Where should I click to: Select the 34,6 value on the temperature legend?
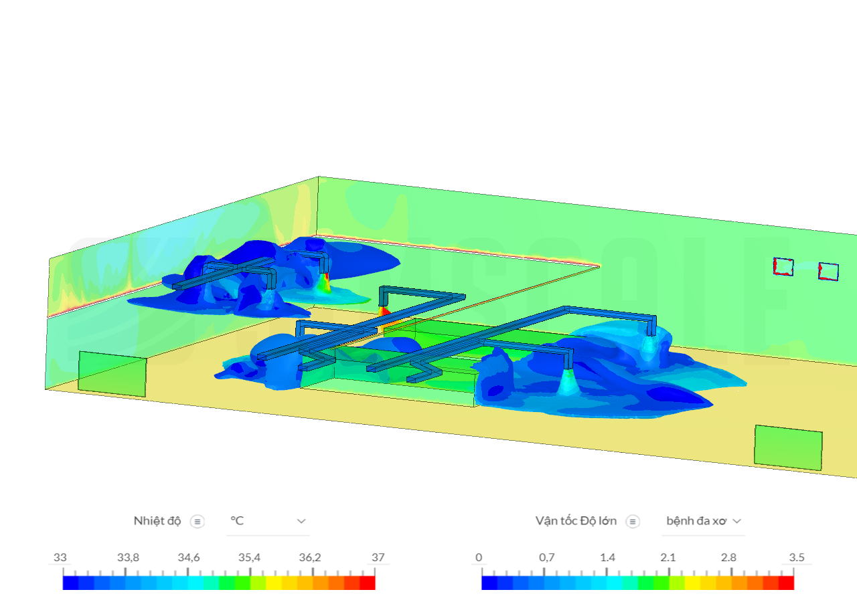188,558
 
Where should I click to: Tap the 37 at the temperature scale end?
378,558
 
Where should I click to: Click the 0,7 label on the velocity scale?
546,558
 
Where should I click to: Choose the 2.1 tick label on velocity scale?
668,558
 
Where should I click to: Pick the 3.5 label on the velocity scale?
797,558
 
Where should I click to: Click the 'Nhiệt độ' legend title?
157,521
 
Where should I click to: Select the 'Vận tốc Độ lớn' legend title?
576,521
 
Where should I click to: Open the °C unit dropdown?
268,521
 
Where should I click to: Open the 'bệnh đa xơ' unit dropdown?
703,521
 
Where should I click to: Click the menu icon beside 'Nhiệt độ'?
198,522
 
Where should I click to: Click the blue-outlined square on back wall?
829,271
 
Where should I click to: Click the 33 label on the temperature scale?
60,558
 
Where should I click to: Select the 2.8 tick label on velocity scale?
728,558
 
